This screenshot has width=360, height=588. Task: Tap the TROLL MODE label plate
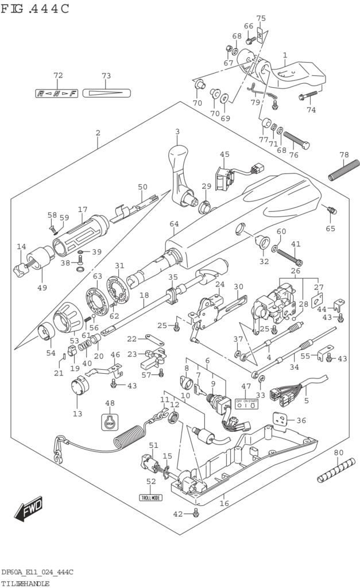(x=151, y=497)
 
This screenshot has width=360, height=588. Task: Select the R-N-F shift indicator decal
(x=57, y=92)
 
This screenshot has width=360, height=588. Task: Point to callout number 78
(x=344, y=155)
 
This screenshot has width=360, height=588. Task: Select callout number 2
(x=98, y=133)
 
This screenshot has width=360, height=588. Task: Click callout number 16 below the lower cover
(x=224, y=504)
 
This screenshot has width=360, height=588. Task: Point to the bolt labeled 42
(x=196, y=513)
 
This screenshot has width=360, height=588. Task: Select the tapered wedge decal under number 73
(x=107, y=92)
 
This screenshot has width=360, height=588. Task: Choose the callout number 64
(x=173, y=224)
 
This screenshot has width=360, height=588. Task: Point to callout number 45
(x=224, y=154)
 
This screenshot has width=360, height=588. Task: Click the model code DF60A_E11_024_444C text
(x=37, y=572)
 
